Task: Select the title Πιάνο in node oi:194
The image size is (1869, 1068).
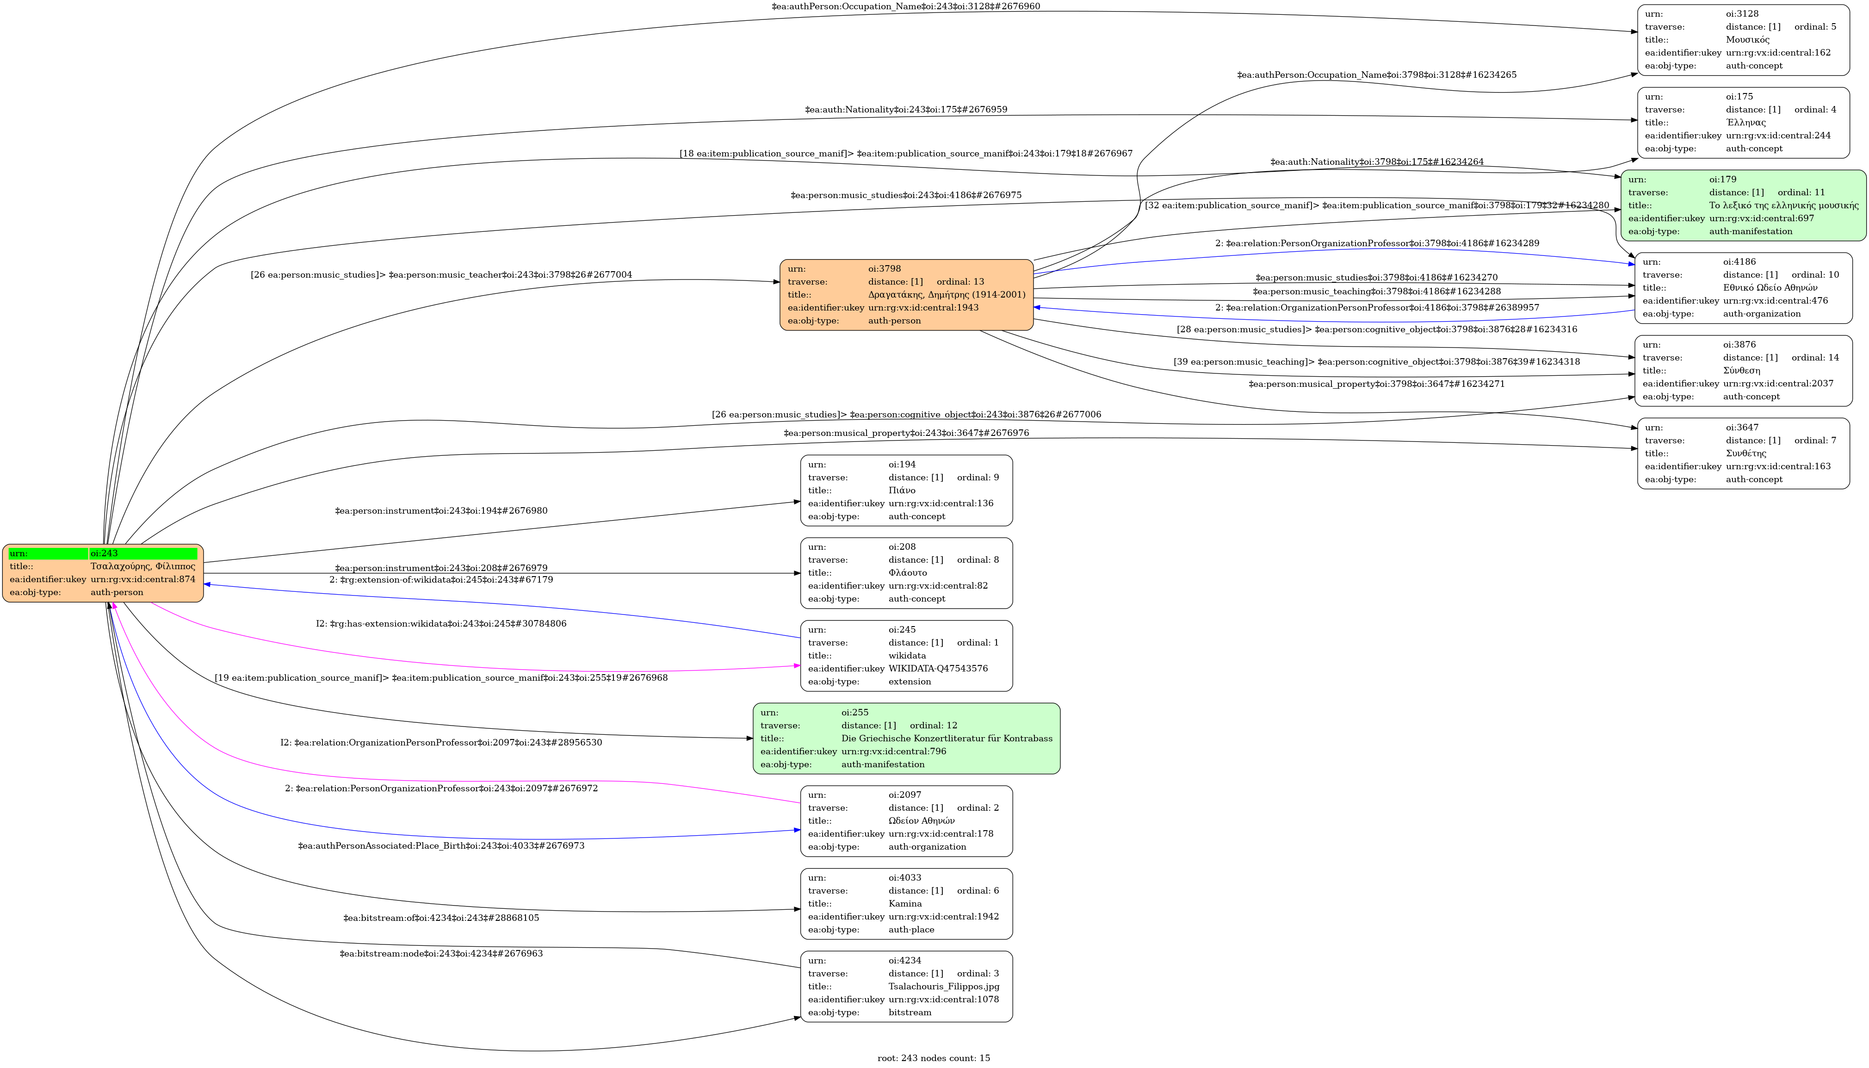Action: pyautogui.click(x=902, y=490)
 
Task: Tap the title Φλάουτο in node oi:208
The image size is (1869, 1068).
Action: pyautogui.click(x=908, y=573)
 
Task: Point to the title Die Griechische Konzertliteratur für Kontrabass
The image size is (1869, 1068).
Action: pyautogui.click(x=947, y=738)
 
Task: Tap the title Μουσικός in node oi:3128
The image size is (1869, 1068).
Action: pyautogui.click(x=1747, y=40)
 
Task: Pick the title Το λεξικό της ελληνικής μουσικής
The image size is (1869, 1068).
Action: pyautogui.click(x=1783, y=205)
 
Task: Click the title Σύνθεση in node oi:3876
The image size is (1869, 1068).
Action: pyautogui.click(x=1741, y=371)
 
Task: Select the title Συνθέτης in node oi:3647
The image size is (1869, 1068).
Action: pyautogui.click(x=1746, y=453)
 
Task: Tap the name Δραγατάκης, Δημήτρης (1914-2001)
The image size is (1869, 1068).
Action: pyautogui.click(x=947, y=294)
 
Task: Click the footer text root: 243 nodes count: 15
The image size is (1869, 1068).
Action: pyautogui.click(x=934, y=1058)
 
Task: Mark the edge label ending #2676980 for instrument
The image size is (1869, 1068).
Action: pyautogui.click(x=441, y=510)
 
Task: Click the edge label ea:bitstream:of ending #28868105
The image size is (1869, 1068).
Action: pyautogui.click(x=441, y=918)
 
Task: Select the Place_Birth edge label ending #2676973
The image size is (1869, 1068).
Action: pyautogui.click(x=441, y=846)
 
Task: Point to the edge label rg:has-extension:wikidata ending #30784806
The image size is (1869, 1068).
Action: pyautogui.click(x=441, y=623)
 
